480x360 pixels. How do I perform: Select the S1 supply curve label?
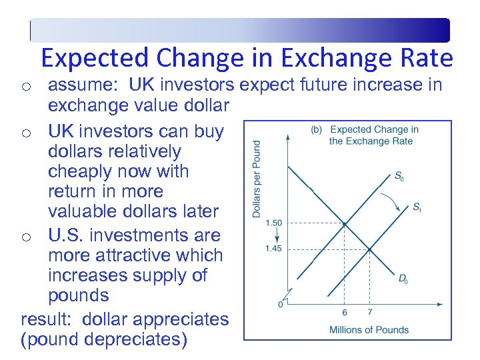[416, 207]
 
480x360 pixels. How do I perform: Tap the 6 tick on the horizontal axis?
[345, 312]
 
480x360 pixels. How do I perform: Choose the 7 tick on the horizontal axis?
[369, 312]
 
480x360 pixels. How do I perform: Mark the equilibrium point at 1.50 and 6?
[345, 224]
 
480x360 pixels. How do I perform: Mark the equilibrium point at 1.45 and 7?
[369, 249]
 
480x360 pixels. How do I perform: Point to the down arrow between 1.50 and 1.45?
[275, 235]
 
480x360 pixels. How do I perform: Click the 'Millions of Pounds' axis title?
[369, 329]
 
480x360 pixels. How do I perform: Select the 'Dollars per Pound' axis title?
[257, 178]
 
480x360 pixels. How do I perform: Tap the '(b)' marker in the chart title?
[316, 129]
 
